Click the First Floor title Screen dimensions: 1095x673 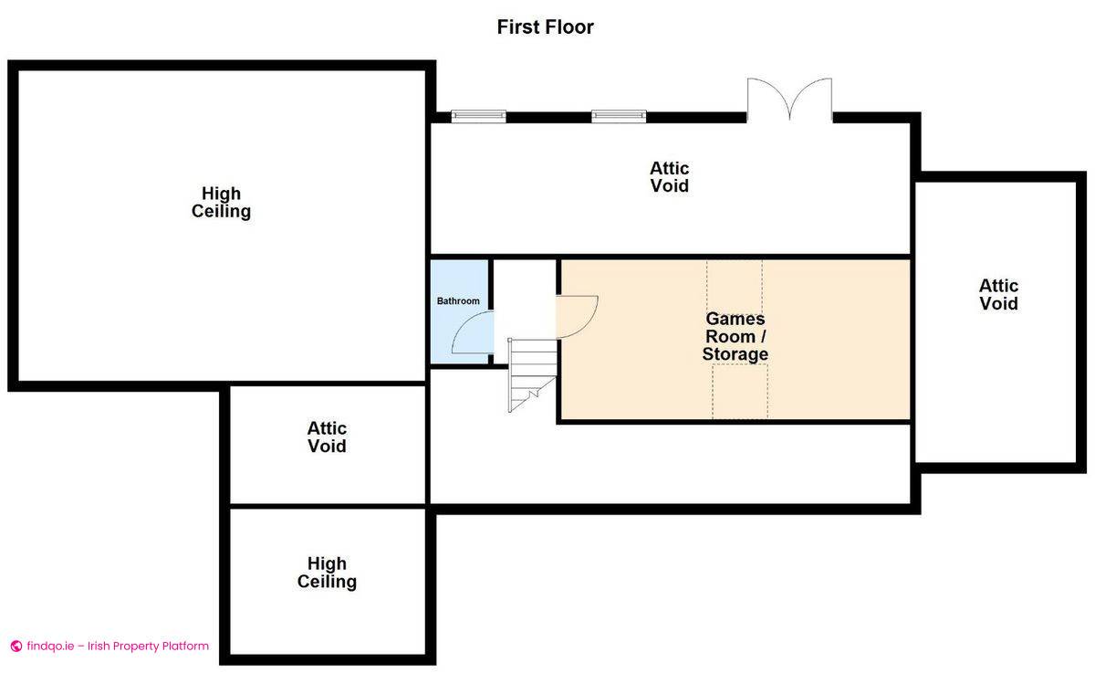545,26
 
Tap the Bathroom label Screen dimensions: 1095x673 458,300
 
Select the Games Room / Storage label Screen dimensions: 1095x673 735,336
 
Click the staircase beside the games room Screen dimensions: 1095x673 532,374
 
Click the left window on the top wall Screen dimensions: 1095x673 478,116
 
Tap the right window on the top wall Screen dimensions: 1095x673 619,116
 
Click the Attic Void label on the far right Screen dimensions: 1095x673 998,294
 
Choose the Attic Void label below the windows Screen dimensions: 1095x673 669,177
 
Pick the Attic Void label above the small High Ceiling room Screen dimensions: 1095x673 327,437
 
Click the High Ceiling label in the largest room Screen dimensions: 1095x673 221,202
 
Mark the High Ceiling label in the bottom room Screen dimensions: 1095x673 327,573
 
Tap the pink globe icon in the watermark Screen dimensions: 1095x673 16,647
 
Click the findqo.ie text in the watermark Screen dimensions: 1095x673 50,647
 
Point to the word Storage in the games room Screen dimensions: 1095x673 735,354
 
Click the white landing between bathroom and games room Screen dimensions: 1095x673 525,300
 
